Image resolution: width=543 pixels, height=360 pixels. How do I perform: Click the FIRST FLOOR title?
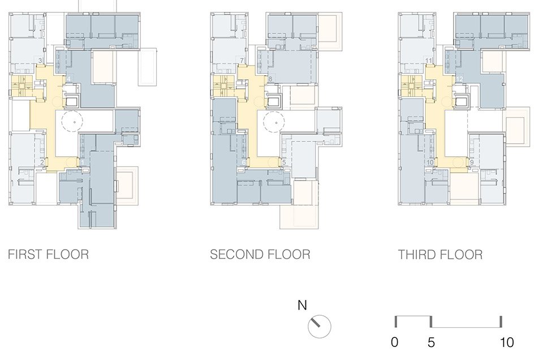pos(48,254)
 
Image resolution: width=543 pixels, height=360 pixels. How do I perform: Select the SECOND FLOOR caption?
pos(260,254)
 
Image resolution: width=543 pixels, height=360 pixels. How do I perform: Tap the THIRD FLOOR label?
pos(440,254)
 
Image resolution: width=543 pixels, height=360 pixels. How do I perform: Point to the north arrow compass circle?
pos(319,327)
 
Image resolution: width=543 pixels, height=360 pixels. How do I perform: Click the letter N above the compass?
pos(302,306)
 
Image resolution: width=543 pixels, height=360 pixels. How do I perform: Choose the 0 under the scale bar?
pos(395,342)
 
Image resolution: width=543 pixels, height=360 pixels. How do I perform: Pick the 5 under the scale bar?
pos(431,342)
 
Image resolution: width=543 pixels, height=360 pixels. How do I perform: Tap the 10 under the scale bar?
pos(506,342)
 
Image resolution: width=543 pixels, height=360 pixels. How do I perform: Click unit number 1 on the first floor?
pos(83,163)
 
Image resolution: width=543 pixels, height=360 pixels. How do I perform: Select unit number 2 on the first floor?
pos(42,163)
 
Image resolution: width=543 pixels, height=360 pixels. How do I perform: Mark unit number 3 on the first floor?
pos(40,61)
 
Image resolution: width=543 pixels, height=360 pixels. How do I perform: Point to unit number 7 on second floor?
pos(242,61)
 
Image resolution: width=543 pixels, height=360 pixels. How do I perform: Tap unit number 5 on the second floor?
pos(284,163)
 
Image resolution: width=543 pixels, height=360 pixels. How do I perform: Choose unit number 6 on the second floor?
pos(244,163)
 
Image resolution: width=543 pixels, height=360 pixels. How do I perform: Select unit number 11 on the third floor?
pos(429,61)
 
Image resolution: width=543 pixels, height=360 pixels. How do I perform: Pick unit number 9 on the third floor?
pos(471,163)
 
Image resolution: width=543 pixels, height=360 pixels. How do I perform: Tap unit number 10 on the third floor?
pos(430,163)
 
